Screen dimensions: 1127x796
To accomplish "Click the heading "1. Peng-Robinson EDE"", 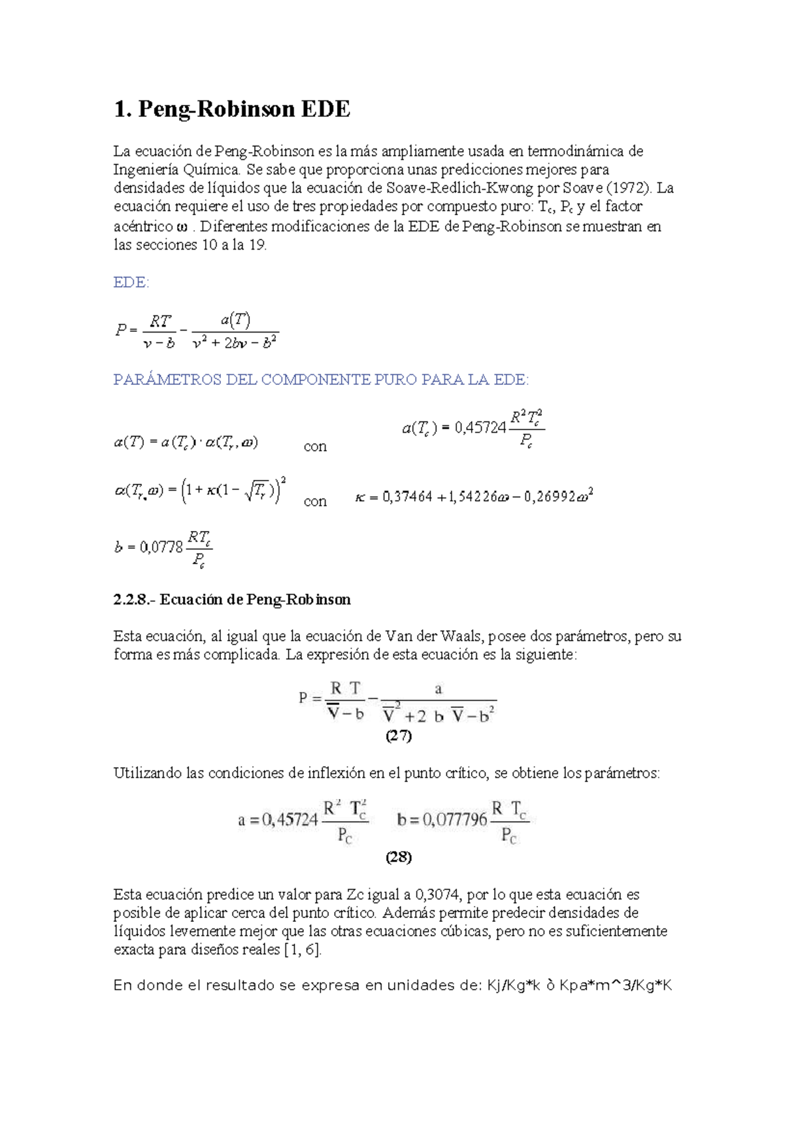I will click(232, 109).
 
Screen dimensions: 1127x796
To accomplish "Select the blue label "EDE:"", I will click(131, 282).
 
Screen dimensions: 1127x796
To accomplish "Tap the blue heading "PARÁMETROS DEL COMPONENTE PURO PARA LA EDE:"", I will click(321, 380).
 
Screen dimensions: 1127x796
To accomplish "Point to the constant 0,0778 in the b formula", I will click(161, 548).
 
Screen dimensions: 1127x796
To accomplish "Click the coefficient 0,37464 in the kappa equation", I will click(407, 496).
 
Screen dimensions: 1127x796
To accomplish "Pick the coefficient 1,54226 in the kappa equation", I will click(472, 496).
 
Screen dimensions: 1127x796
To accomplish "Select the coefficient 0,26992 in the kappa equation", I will click(550, 496).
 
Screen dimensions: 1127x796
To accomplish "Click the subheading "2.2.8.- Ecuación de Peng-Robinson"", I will click(232, 599).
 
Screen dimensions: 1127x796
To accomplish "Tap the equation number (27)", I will click(399, 735).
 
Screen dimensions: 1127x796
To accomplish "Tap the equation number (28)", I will click(399, 857).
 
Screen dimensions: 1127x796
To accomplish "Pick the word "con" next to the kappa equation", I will click(315, 501).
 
